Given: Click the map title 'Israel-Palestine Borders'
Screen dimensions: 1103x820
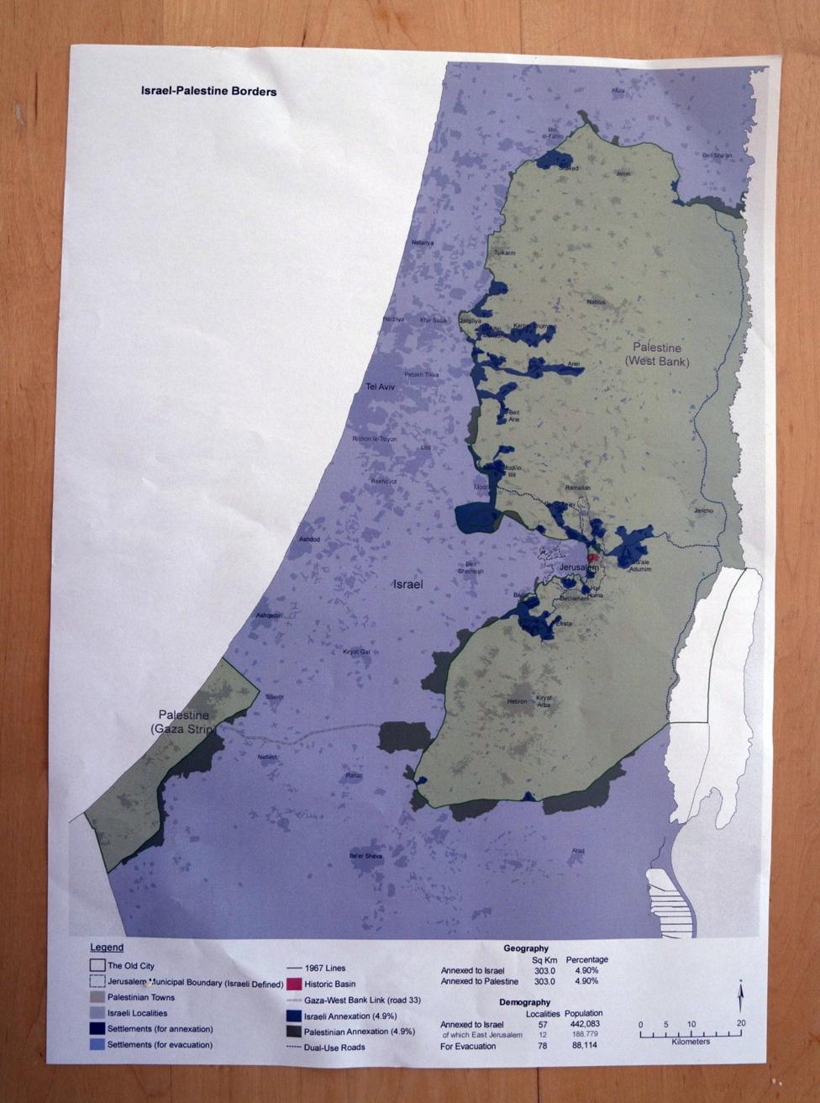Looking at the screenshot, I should [x=208, y=91].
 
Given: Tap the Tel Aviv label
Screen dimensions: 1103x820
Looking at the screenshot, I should [x=381, y=387].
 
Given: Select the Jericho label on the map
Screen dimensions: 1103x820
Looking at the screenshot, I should [x=703, y=510].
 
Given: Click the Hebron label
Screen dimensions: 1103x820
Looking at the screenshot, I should [x=517, y=700].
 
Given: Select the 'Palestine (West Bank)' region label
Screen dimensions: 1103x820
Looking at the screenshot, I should [x=656, y=354].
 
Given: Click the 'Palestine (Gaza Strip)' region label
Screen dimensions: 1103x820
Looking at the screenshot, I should [x=183, y=721].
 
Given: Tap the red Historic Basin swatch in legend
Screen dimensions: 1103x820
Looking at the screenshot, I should [x=293, y=984].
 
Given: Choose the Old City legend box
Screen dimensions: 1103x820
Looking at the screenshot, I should [x=97, y=966].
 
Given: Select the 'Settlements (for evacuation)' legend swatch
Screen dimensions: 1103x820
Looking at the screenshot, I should [x=97, y=1044].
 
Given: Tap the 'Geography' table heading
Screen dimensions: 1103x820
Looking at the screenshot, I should [x=526, y=948].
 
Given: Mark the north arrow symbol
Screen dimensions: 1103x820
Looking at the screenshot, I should [x=739, y=996].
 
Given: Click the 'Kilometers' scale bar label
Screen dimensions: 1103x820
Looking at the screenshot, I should [x=691, y=1042].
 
